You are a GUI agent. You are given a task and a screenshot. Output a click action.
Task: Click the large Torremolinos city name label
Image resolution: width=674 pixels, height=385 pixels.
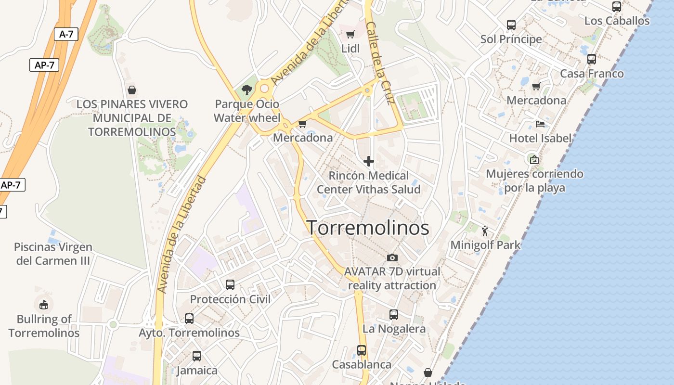click(368, 228)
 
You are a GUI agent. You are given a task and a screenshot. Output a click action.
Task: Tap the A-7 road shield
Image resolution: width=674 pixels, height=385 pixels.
click(66, 34)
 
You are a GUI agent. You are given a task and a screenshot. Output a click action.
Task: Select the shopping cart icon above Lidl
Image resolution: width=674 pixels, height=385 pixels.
click(350, 34)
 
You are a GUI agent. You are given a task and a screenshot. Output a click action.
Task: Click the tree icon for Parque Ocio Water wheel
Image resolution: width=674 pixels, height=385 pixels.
click(247, 90)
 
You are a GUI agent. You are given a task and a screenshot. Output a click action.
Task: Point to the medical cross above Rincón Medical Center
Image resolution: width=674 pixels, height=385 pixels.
click(369, 161)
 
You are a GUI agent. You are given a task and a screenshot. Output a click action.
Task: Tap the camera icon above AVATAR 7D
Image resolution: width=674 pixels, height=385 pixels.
click(392, 257)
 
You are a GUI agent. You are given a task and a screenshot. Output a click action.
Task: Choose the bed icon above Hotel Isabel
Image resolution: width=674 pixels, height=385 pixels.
click(540, 124)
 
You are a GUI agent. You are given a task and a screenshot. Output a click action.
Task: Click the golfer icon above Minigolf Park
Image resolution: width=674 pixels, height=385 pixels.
click(485, 231)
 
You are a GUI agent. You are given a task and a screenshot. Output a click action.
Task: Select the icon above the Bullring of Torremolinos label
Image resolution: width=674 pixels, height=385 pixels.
click(44, 304)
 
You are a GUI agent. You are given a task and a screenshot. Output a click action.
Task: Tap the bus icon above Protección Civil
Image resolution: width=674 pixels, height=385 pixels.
click(230, 284)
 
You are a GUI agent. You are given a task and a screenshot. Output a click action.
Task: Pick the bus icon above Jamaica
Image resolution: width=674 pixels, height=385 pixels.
click(197, 356)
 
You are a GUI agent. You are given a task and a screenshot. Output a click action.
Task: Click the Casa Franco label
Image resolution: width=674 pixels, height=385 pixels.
click(592, 74)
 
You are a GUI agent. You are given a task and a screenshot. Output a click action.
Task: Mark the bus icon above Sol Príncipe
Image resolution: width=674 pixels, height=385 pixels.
click(511, 25)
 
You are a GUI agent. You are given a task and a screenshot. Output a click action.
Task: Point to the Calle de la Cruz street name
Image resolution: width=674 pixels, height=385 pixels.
click(380, 63)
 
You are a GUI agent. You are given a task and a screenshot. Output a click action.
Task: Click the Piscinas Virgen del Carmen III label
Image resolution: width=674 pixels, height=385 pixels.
click(53, 254)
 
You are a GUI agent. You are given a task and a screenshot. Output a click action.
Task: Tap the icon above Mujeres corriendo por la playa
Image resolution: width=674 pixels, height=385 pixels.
click(534, 159)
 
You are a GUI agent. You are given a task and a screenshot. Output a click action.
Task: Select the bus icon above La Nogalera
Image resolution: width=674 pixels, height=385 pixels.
click(394, 315)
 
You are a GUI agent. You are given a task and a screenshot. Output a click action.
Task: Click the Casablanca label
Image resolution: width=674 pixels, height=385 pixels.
click(362, 364)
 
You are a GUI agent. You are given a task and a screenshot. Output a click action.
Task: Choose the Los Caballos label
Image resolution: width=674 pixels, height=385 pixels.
click(617, 21)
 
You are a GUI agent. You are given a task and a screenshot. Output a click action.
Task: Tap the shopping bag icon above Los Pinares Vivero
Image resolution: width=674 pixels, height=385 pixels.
click(132, 90)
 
